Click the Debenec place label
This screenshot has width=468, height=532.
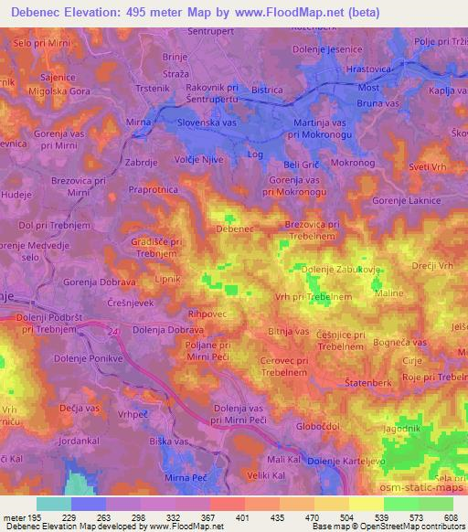tap(234, 229)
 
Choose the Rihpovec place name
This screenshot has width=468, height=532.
tap(206, 313)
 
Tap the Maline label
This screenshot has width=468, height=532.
tap(389, 293)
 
